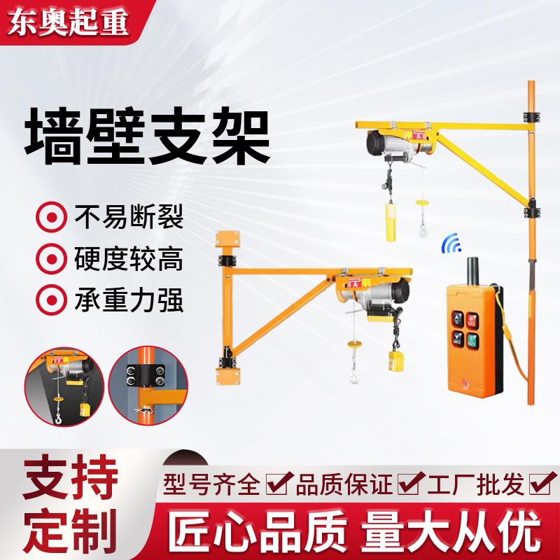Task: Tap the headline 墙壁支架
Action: point(147,130)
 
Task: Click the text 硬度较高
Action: point(127,258)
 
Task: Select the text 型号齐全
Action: point(211,484)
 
